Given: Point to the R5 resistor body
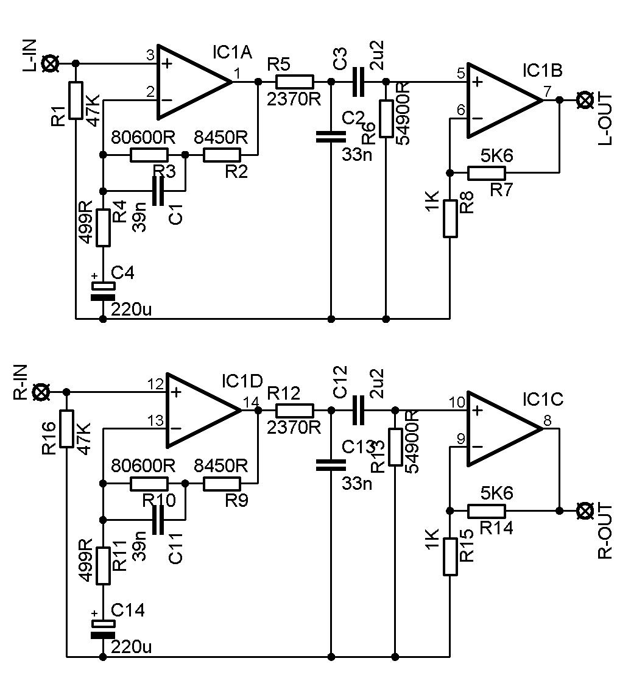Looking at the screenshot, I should tap(294, 82).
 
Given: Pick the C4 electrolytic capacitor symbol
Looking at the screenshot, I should tap(102, 291).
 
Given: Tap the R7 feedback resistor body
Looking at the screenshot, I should tap(487, 172).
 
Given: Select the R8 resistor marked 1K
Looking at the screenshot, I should tap(450, 218).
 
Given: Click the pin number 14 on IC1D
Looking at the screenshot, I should tap(251, 402).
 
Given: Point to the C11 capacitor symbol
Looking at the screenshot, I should tap(158, 520).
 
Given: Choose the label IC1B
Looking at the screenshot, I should tap(542, 70).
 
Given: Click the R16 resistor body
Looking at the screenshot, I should tap(66, 429).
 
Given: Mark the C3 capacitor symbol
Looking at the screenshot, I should tap(358, 82).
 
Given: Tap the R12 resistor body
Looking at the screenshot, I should tap(294, 411).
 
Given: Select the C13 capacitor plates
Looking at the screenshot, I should tap(331, 466).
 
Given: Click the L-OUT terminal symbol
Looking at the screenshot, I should tap(585, 99).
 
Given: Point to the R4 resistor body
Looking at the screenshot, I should tap(102, 227).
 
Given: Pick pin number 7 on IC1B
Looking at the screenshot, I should tap(546, 92).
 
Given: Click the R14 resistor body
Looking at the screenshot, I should tap(487, 511).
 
